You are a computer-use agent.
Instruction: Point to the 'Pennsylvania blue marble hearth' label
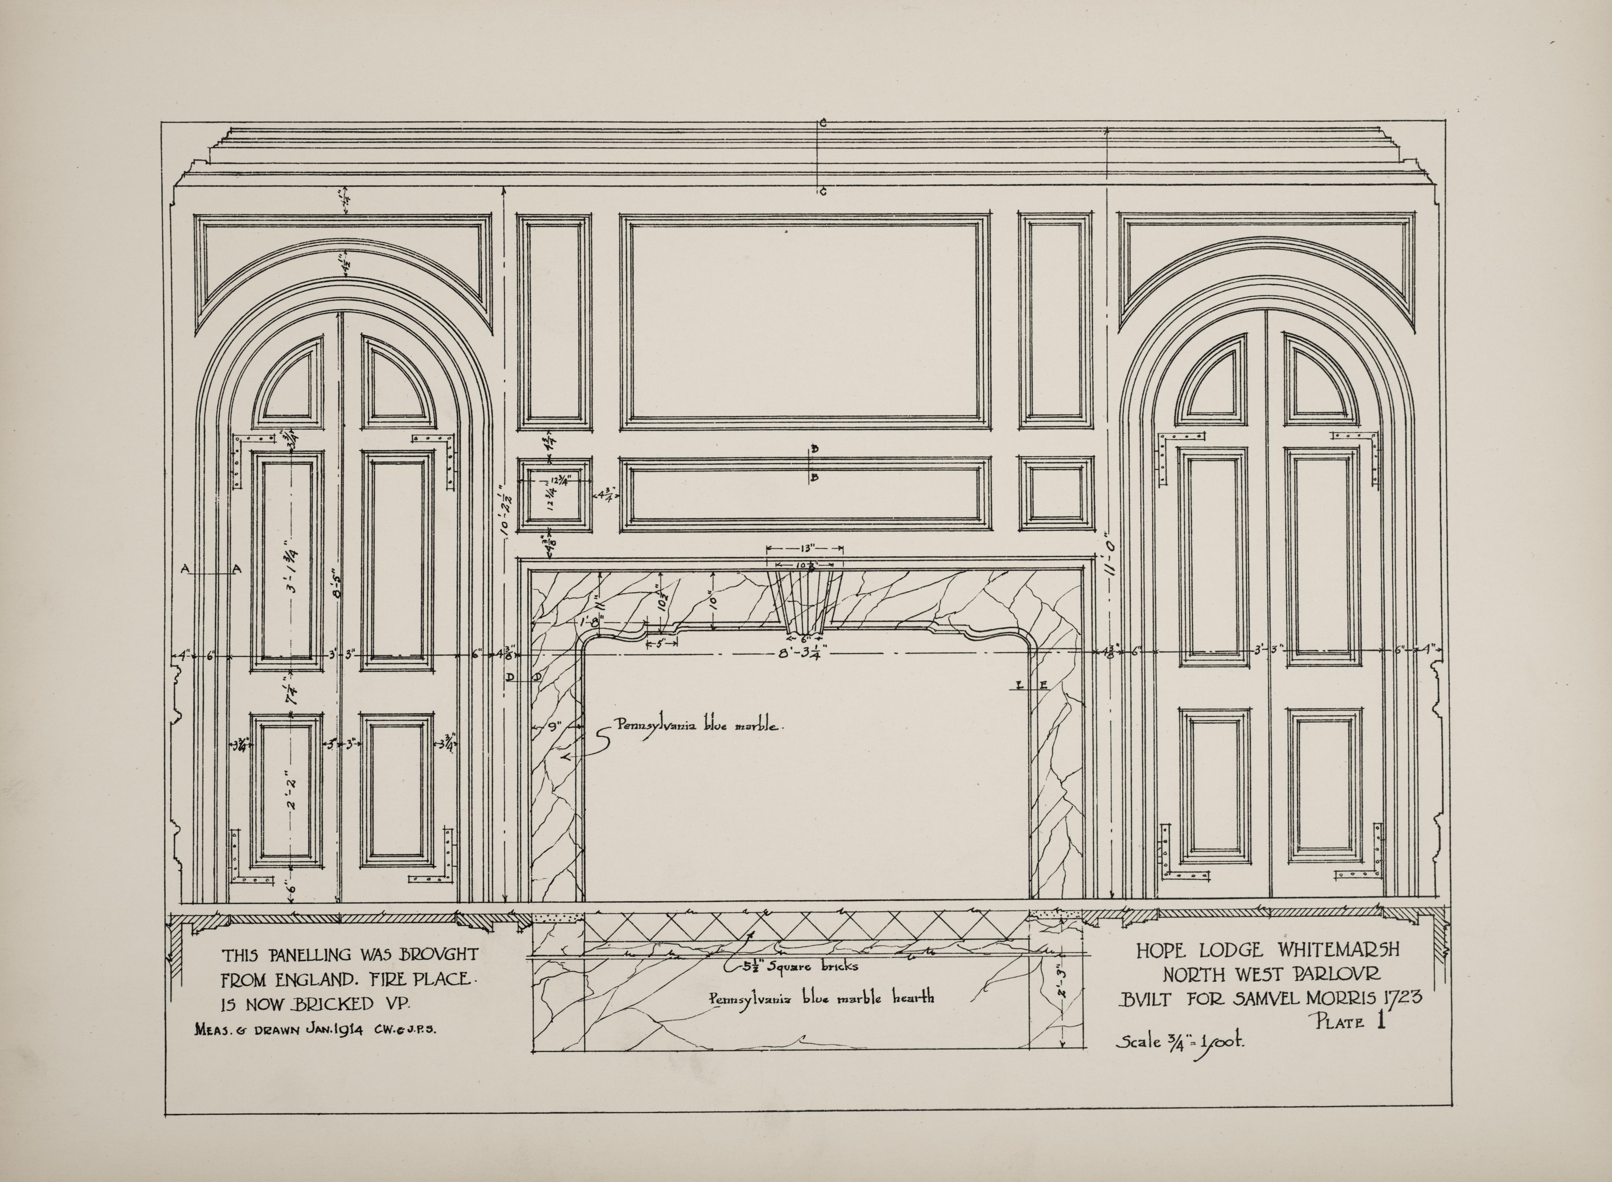(x=821, y=997)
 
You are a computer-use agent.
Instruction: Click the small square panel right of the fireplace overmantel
(x=1056, y=494)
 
